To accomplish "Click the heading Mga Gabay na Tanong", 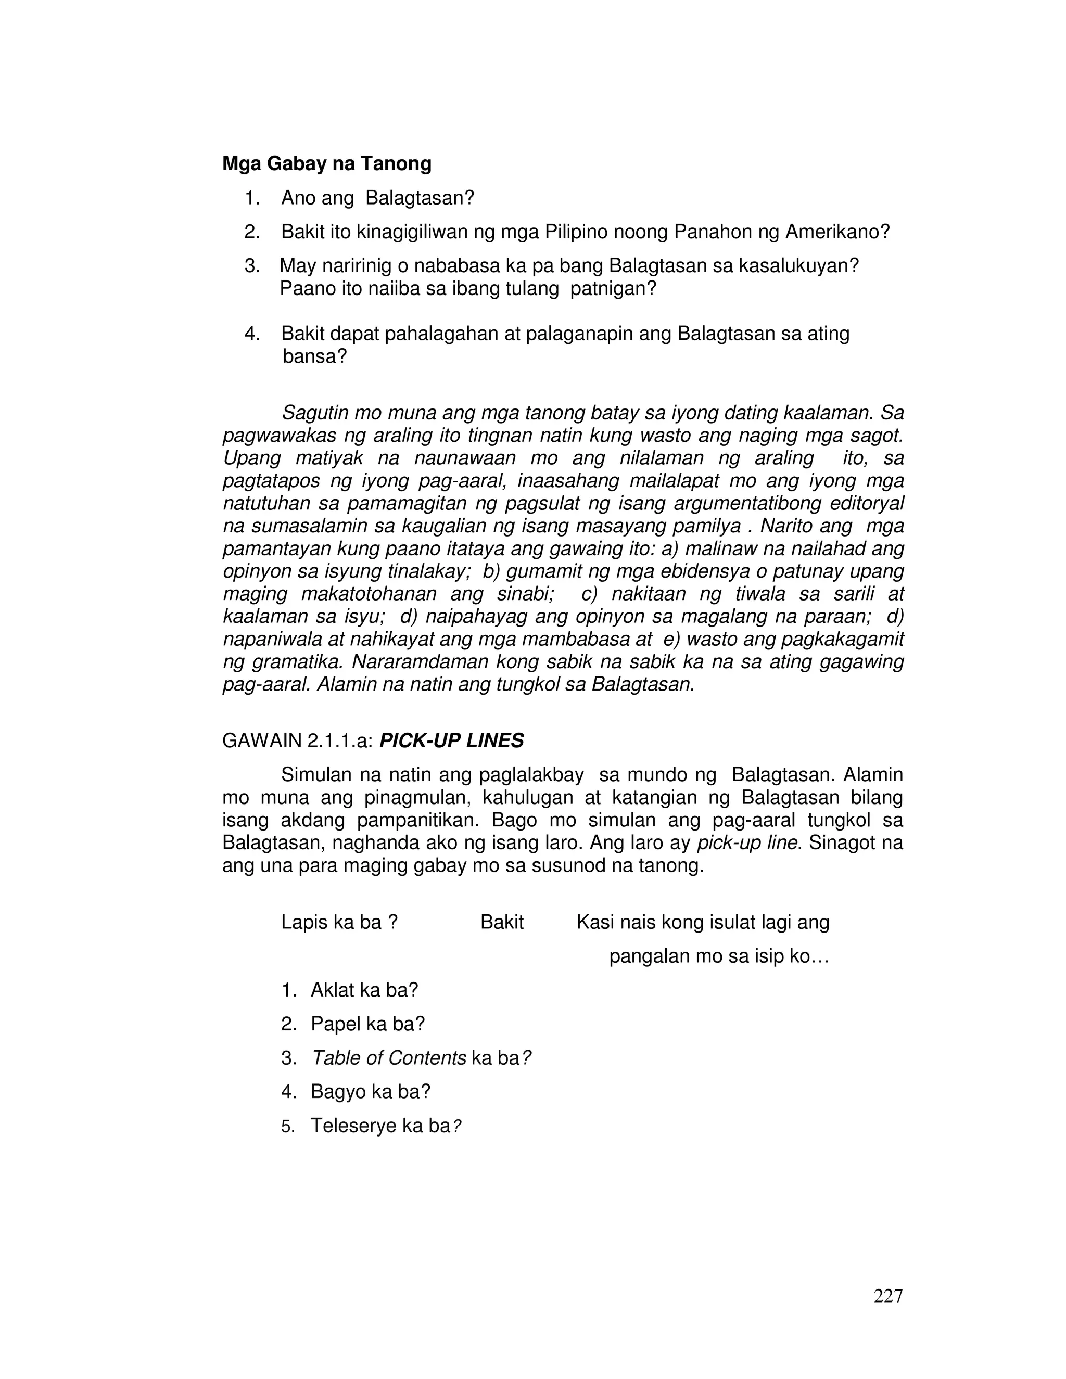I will pos(326,164).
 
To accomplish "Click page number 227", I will pos(888,1296).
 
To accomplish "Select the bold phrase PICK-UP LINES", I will pos(451,740).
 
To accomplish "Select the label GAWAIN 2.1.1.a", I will pos(297,740).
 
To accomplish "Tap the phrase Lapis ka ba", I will pos(339,923).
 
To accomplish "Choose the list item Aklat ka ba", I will pos(364,990).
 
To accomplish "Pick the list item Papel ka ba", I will pos(367,1024).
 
